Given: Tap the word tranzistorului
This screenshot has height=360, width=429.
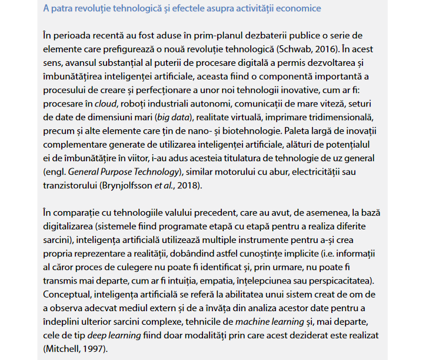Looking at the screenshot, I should pos(71,186).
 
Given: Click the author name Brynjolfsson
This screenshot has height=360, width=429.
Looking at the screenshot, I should pos(128,186).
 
